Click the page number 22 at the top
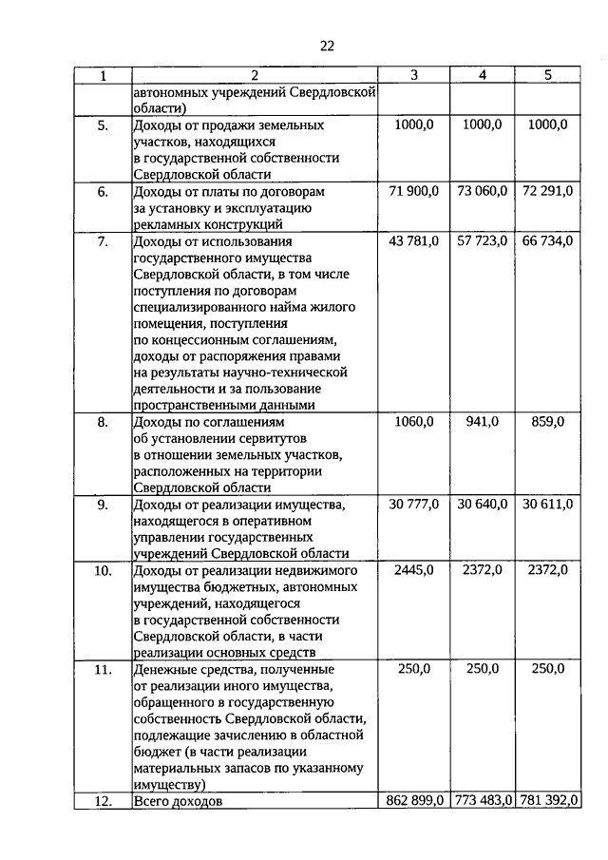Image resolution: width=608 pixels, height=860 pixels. click(x=329, y=46)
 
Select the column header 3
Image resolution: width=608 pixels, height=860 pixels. click(x=413, y=75)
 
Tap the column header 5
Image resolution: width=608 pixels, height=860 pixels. click(x=547, y=75)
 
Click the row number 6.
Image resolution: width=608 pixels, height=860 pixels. click(x=103, y=191)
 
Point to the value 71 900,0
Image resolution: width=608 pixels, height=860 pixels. click(x=414, y=191)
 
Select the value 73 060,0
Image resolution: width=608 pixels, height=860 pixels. click(x=482, y=191)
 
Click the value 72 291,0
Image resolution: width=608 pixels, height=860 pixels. click(x=547, y=191)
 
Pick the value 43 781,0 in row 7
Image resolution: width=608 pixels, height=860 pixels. click(x=414, y=240)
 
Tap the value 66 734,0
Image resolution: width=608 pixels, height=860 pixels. click(x=547, y=240)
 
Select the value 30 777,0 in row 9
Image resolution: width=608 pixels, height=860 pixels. click(x=414, y=504)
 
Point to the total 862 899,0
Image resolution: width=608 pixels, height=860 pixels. click(x=415, y=801)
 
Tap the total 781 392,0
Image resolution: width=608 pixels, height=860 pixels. click(x=547, y=801)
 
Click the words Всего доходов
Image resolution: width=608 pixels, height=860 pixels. click(x=178, y=802)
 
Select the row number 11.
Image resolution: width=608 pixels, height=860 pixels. click(x=103, y=669)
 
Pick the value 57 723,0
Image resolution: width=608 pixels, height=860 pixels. click(x=482, y=240)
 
